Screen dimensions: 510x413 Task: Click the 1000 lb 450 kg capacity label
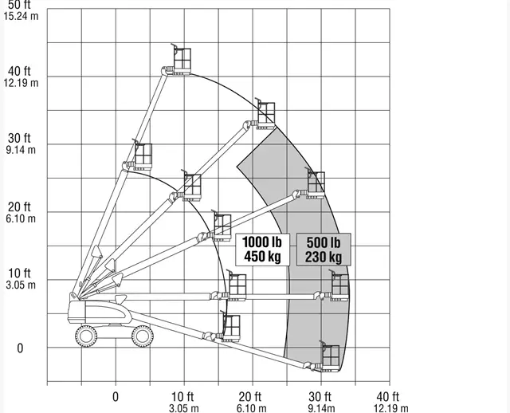[262, 250]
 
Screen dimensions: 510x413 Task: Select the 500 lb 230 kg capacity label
[324, 250]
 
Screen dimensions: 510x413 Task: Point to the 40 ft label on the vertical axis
[19, 71]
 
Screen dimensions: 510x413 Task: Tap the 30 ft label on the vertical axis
[19, 138]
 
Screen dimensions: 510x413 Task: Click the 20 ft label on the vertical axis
[19, 206]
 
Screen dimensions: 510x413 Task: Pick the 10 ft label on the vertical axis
[19, 273]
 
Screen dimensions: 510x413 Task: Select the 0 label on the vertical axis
[20, 348]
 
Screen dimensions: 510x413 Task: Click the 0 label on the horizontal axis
[116, 397]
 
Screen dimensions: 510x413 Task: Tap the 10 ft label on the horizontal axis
[182, 397]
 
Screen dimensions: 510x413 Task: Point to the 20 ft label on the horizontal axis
[249, 397]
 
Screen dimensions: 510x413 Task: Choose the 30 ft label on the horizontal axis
[320, 397]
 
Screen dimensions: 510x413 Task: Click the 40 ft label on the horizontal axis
[388, 397]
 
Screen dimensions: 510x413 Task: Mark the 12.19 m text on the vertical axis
[22, 83]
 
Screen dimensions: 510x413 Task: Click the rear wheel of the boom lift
[86, 336]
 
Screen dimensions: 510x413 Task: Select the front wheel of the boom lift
[143, 336]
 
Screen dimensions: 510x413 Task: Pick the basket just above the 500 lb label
[316, 183]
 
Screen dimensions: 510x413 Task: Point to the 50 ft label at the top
[19, 5]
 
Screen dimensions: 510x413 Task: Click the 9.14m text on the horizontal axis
[322, 408]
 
